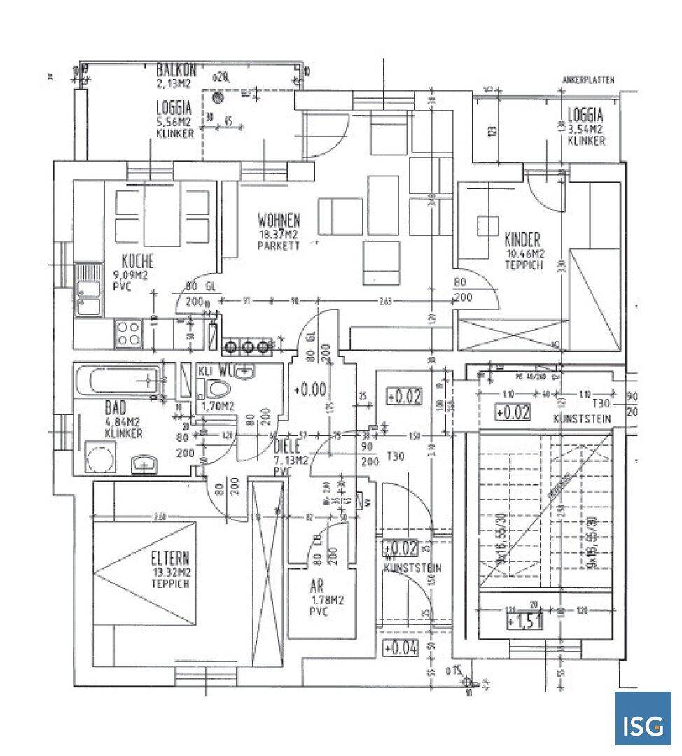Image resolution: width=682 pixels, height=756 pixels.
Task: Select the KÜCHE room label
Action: [137, 262]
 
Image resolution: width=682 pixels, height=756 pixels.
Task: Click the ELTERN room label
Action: [170, 559]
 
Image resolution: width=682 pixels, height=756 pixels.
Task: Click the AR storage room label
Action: [317, 587]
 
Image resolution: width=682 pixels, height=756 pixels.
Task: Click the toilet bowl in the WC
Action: [218, 390]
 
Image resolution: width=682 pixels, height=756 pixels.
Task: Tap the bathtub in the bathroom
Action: [119, 381]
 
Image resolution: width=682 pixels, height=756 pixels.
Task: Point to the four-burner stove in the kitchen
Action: [129, 333]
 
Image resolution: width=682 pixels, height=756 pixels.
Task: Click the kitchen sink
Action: [88, 289]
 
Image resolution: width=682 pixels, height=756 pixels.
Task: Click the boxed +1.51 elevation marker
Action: [523, 622]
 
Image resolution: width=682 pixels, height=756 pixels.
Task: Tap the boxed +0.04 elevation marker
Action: [401, 649]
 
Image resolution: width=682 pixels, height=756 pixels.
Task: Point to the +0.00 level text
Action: [309, 388]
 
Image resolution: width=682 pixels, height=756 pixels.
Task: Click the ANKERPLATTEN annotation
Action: [588, 80]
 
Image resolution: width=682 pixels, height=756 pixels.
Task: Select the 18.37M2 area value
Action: [279, 234]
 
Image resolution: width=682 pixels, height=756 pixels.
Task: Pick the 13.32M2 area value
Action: [170, 572]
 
